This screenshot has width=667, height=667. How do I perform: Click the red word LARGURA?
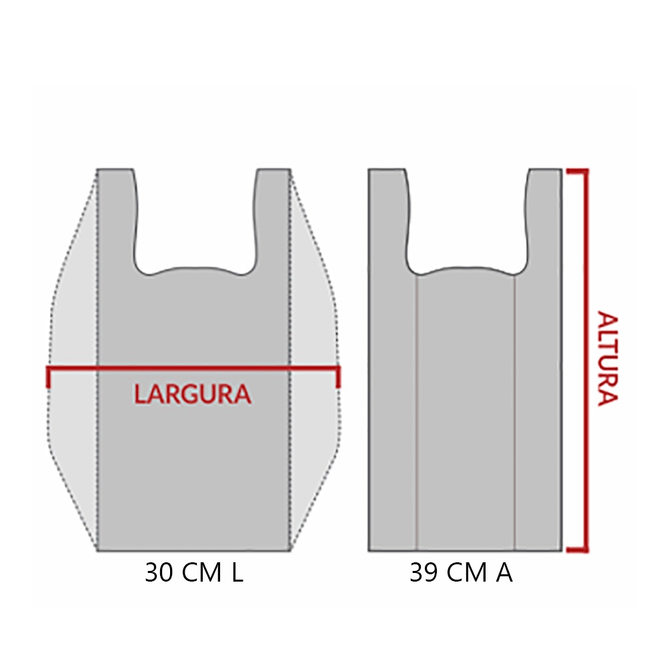(x=193, y=394)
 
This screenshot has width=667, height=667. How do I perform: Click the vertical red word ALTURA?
(x=608, y=359)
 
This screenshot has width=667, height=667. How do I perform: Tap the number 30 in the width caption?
(x=159, y=572)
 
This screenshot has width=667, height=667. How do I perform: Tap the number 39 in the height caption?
(x=424, y=572)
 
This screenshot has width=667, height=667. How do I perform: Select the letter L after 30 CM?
(x=237, y=572)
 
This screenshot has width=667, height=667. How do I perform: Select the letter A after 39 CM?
(x=504, y=572)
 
